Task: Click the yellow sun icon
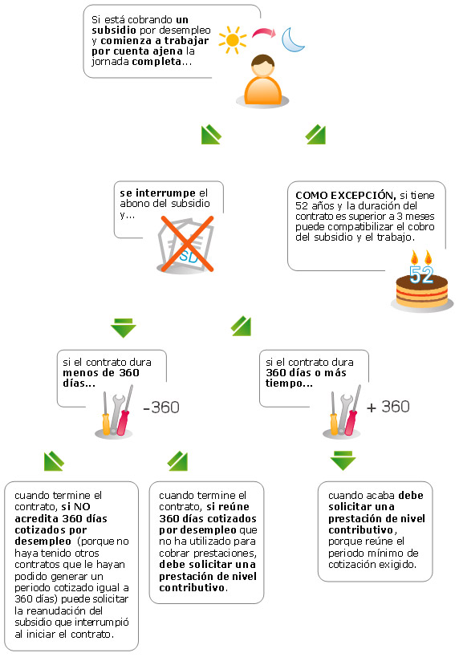(233, 40)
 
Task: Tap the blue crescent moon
(291, 40)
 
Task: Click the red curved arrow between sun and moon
(264, 33)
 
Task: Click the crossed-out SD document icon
(185, 244)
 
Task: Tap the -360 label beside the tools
(161, 408)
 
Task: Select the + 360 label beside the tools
(388, 407)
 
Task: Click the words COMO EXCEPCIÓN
(345, 195)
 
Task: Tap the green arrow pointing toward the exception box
(315, 135)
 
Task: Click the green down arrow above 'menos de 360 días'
(124, 327)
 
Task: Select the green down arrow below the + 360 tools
(343, 461)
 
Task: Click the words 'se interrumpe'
(157, 193)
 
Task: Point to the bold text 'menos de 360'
(101, 372)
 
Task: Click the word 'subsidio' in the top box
(114, 30)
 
